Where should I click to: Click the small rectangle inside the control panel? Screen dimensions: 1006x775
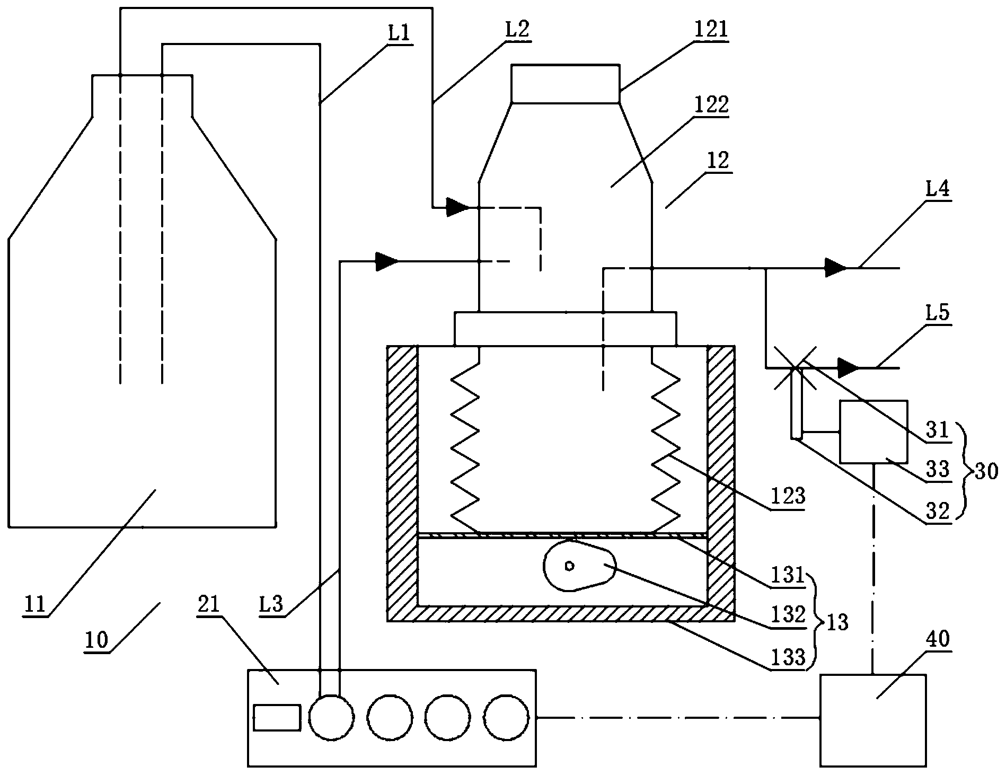coord(277,717)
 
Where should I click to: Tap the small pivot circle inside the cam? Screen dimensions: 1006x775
coord(570,566)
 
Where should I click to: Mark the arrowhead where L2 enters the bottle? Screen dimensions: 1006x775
coord(457,208)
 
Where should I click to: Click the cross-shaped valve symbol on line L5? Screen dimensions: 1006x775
coord(796,367)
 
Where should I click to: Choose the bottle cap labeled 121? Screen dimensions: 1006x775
coord(566,83)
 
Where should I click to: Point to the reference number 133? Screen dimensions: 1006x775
coord(789,658)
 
